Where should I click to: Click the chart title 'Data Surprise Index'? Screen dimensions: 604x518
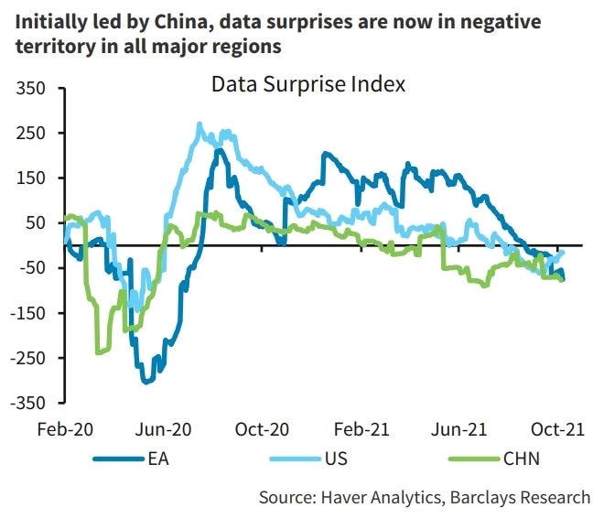coord(308,84)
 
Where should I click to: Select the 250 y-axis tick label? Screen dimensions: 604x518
coord(31,134)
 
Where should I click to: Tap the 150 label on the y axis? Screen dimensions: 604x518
coord(31,178)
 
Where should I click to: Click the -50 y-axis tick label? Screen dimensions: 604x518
coord(33,267)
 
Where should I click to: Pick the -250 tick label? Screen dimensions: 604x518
coord(27,358)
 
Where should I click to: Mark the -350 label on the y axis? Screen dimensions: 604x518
coord(27,403)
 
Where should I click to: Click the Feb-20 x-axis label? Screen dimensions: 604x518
coord(65,429)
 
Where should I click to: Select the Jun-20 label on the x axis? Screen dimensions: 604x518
coord(163,429)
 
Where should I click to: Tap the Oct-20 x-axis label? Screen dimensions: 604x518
coord(262,429)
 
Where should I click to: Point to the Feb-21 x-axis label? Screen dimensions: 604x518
coord(361,429)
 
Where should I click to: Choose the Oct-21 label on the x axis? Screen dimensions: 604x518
coord(557,429)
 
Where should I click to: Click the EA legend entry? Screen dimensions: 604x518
coord(131,459)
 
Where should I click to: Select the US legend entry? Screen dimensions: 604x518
coord(309,459)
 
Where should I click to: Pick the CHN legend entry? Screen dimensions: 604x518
coord(494,459)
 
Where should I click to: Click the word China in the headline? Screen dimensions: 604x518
coord(183,22)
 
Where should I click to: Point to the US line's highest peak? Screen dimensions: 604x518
coord(200,124)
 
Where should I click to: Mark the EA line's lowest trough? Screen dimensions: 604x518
coord(146,382)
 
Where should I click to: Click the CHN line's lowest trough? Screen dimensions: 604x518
coord(98,352)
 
